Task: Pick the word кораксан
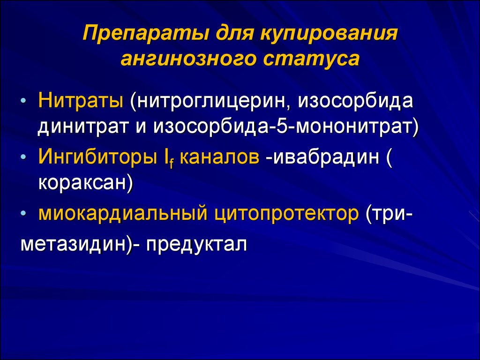[x=82, y=183]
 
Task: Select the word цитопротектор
[x=286, y=214]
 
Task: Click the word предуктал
[x=196, y=244]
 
